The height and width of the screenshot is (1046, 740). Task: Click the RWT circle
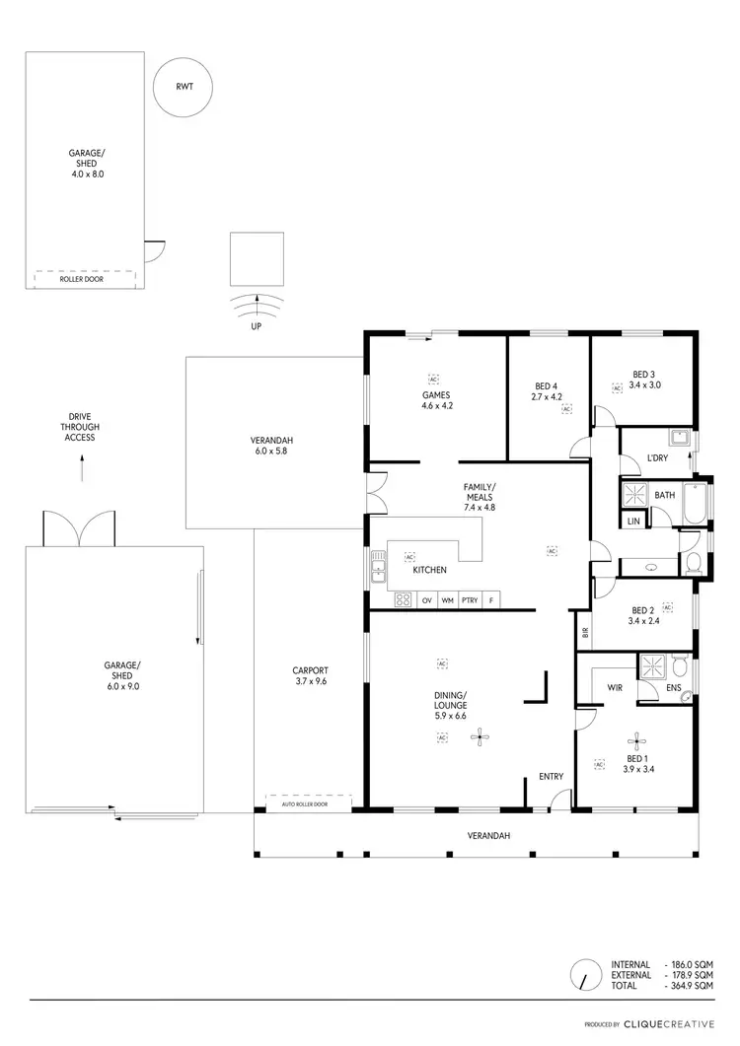pos(184,87)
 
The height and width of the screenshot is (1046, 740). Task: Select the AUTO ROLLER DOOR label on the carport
pos(303,804)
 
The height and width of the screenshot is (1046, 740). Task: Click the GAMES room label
pos(436,395)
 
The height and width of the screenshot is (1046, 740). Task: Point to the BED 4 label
pos(546,385)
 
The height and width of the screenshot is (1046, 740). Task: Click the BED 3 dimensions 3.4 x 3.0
pos(643,385)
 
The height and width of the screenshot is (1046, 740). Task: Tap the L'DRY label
pos(658,458)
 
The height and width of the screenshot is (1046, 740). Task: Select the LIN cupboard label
pos(632,520)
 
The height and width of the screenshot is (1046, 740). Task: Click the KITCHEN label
pos(430,570)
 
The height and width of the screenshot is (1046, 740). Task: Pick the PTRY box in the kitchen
pos(470,600)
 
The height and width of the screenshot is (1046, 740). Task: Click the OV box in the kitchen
pos(427,600)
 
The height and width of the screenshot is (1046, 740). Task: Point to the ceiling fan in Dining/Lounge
pos(480,734)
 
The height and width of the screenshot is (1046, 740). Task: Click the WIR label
pos(613,686)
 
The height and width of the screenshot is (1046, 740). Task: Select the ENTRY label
pos(551,777)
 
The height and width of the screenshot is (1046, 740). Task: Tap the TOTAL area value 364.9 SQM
pos(692,986)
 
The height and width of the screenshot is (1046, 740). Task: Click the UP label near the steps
pos(256,325)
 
